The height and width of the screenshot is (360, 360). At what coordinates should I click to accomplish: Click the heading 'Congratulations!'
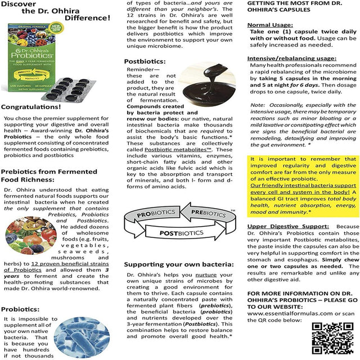tap(31, 106)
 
